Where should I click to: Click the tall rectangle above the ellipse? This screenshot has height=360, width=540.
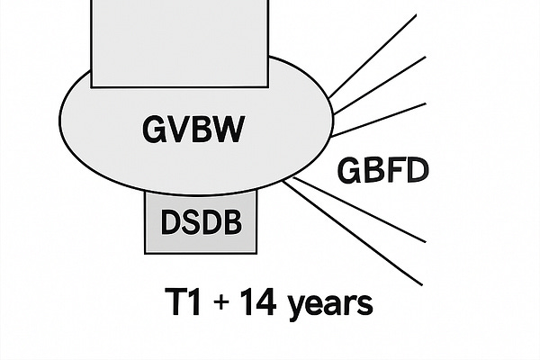[x=180, y=40]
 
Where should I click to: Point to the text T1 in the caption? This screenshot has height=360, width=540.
[x=179, y=301]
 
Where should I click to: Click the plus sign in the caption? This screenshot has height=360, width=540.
[x=220, y=302]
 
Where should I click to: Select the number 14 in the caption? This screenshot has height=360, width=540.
[x=256, y=301]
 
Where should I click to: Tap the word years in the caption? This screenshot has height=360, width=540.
[x=328, y=304]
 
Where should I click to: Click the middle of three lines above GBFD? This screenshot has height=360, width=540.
[x=378, y=81]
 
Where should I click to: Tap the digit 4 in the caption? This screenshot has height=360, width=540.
[x=265, y=301]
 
